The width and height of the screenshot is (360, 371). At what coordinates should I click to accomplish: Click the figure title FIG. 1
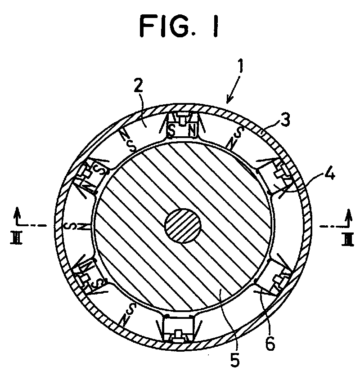[179, 25]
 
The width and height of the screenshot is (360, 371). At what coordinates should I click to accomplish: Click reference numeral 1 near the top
[241, 66]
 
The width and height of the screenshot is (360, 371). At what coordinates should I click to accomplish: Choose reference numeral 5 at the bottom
[234, 359]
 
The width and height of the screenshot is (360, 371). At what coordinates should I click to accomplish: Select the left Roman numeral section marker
[16, 238]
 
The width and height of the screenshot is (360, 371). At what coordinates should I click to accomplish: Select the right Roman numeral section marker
[348, 239]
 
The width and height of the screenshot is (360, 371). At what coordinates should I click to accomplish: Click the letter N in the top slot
[192, 131]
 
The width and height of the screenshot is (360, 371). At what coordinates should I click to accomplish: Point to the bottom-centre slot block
[178, 328]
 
